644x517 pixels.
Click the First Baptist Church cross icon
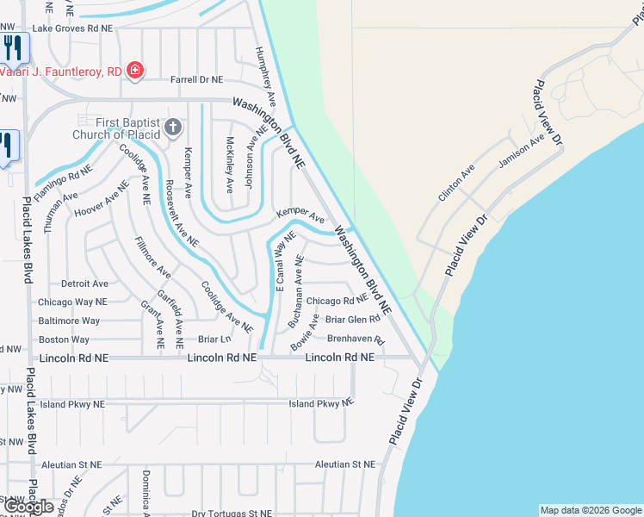tap(172, 128)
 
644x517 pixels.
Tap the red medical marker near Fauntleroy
tap(134, 71)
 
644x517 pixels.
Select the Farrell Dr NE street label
tap(196, 79)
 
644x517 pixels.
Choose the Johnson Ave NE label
tap(250, 148)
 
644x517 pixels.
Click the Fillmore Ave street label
tap(152, 257)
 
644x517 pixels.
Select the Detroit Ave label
tap(84, 283)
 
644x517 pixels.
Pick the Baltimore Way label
tap(69, 321)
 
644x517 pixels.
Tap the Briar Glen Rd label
tap(352, 320)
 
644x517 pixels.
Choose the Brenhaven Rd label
tap(355, 339)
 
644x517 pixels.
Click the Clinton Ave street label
tap(456, 184)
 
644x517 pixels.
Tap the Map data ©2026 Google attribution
tap(591, 510)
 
